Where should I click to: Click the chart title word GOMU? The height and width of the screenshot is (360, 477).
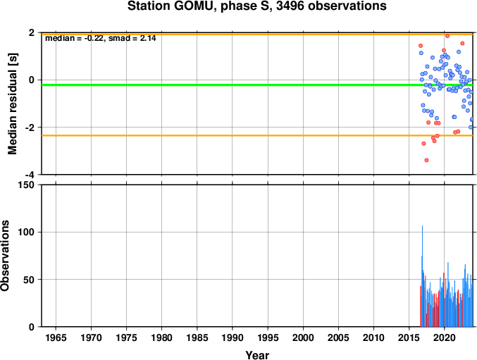point(193,6)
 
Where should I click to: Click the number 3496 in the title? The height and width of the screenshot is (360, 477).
point(290,6)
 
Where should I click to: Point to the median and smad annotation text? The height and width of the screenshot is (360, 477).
point(100,38)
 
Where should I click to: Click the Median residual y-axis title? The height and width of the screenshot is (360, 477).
point(13,104)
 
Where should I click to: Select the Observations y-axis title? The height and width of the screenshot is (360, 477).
point(5,256)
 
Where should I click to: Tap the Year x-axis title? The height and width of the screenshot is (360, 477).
point(257,355)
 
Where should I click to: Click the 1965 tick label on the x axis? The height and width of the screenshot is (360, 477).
point(56,337)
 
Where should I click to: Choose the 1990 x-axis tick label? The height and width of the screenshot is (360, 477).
point(233,337)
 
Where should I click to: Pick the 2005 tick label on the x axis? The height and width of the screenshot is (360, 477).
point(338,337)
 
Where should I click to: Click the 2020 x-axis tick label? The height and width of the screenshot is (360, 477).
point(445,337)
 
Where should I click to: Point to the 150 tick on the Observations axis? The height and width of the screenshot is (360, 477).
point(27,185)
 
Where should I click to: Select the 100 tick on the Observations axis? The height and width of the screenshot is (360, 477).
point(27,232)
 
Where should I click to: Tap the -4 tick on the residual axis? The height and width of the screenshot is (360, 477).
point(32,175)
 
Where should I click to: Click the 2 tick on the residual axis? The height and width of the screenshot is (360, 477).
point(32,32)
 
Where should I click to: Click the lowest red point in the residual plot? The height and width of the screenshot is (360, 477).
point(426,160)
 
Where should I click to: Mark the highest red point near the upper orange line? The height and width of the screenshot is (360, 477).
point(447,36)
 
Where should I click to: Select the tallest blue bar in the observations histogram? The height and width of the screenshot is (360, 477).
point(422,276)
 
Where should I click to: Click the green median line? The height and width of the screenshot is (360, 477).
point(257,85)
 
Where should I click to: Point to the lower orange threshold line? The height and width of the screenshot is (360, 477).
point(257,135)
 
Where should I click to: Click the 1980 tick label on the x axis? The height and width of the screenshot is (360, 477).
point(161,337)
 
